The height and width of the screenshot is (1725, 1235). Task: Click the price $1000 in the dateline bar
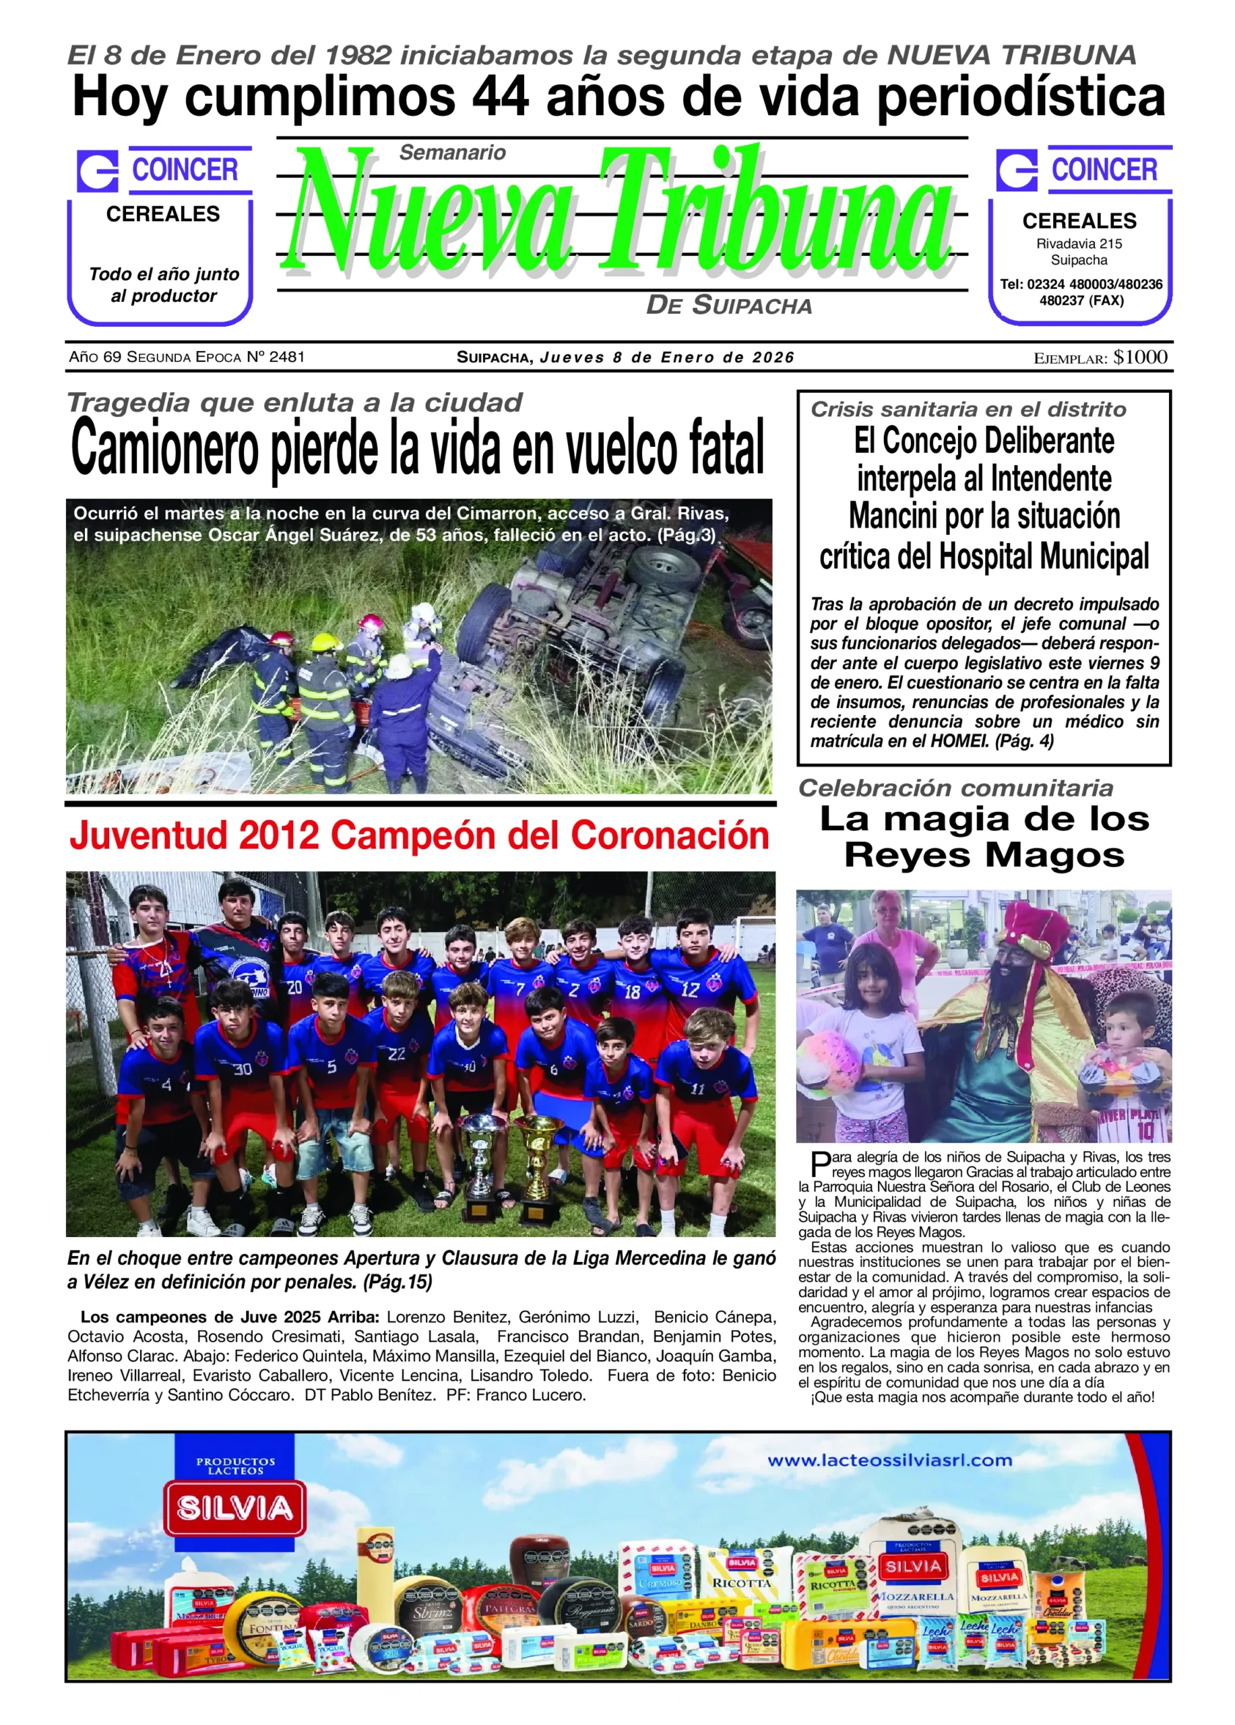tap(1140, 358)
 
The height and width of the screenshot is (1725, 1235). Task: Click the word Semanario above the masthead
tap(453, 153)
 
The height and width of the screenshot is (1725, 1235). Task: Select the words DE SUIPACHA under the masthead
tap(728, 306)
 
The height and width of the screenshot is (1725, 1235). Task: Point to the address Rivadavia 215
tap(1079, 244)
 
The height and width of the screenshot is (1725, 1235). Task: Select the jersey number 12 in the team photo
tap(690, 990)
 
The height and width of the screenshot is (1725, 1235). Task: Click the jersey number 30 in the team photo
tap(242, 1069)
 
